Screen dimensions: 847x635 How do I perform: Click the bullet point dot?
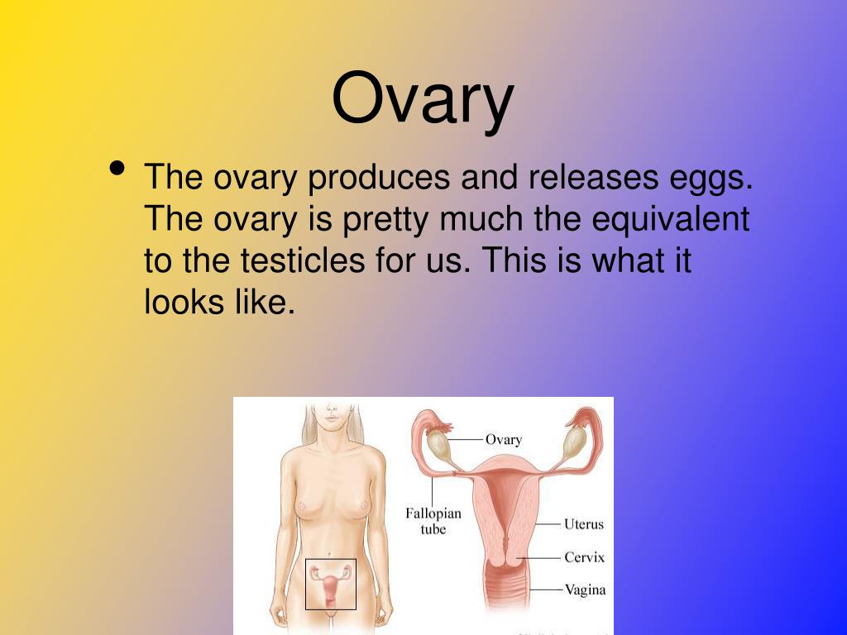(x=117, y=169)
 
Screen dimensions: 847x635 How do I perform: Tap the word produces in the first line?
(x=378, y=178)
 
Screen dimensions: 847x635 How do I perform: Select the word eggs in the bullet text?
(x=711, y=179)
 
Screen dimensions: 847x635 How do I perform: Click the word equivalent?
(x=670, y=220)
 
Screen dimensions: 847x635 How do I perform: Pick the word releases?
(x=593, y=177)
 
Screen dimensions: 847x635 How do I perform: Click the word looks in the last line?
(x=184, y=301)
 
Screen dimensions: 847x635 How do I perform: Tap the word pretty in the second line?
(x=385, y=220)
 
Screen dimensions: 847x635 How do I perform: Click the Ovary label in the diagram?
(x=504, y=440)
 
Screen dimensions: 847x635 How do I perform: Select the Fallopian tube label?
(x=433, y=521)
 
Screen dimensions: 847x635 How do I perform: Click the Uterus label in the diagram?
(x=583, y=523)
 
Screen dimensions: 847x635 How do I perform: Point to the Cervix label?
(x=584, y=556)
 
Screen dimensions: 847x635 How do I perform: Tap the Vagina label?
(x=585, y=590)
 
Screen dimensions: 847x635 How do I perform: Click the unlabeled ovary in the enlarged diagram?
(x=572, y=443)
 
